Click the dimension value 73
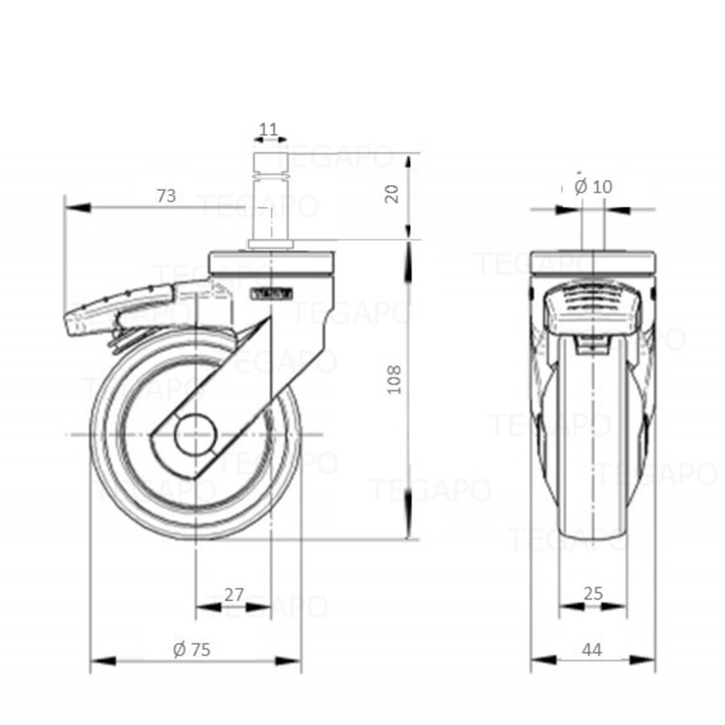[166, 196]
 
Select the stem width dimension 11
[269, 129]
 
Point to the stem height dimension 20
[392, 193]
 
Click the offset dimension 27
[234, 594]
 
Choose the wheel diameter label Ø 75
[192, 649]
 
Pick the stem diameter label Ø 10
[594, 187]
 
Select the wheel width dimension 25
[593, 594]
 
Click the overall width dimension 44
[593, 649]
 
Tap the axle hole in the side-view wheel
[195, 436]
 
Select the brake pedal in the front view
[594, 311]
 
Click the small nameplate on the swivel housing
[271, 294]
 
